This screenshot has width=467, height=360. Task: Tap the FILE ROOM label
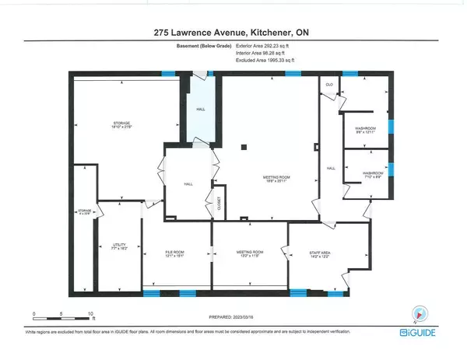pyautogui.click(x=177, y=253)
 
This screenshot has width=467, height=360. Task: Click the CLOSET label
pyautogui.click(x=219, y=204)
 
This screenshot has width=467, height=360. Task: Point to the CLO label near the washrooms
pyautogui.click(x=330, y=84)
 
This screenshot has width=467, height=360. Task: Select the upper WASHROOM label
pyautogui.click(x=365, y=130)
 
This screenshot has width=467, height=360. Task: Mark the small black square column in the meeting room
pyautogui.click(x=244, y=145)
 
